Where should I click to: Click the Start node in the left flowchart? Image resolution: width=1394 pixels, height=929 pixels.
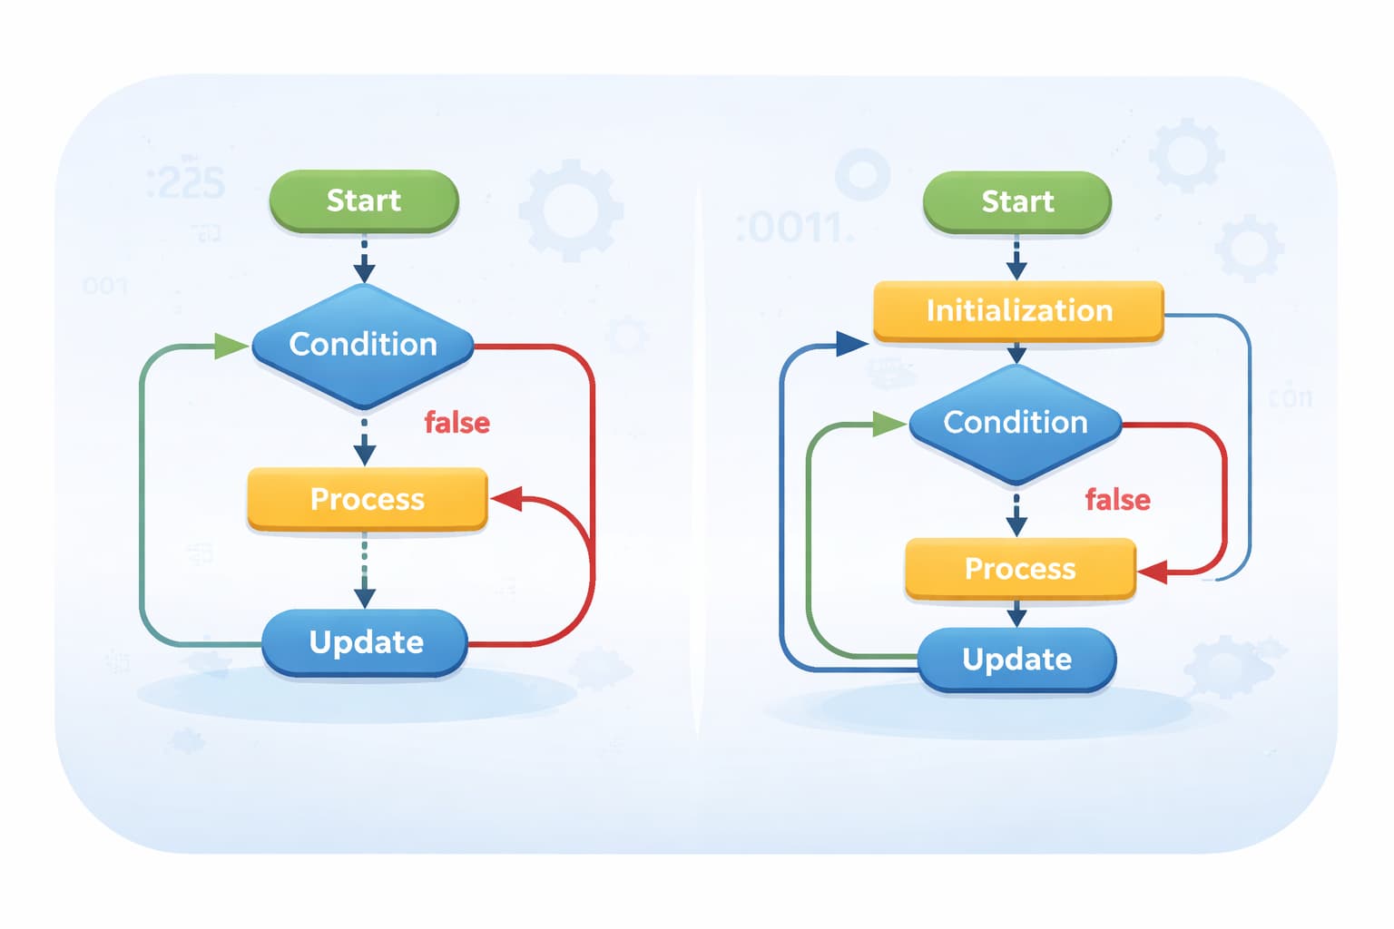click(x=364, y=200)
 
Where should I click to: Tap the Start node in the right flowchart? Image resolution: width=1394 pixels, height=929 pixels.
click(x=1016, y=201)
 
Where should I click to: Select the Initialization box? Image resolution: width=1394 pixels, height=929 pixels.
click(x=1018, y=311)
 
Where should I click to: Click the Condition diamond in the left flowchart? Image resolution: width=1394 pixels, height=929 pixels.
click(x=363, y=345)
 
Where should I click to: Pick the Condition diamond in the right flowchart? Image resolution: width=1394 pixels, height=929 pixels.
click(x=1016, y=423)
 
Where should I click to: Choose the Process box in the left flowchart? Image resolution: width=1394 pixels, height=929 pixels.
click(x=368, y=499)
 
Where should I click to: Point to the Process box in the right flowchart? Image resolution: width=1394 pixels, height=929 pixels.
click(x=1020, y=569)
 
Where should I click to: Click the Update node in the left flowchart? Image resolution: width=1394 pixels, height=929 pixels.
click(x=365, y=642)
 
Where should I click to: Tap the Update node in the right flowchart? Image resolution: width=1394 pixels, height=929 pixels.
click(x=1016, y=660)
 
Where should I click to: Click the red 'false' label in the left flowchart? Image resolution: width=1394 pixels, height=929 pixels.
click(x=456, y=423)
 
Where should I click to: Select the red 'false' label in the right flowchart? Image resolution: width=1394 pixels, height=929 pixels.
click(x=1117, y=500)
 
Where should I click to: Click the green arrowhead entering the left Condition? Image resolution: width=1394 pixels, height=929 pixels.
click(x=231, y=346)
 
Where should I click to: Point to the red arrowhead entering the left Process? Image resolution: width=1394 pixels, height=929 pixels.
click(x=506, y=498)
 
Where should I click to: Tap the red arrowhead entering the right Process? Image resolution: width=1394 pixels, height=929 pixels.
click(x=1153, y=572)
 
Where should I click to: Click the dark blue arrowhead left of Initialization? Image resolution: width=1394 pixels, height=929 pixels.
click(x=850, y=344)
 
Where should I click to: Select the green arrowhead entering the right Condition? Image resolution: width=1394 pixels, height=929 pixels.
click(x=888, y=424)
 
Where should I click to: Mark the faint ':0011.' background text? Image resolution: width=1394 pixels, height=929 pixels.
click(x=794, y=227)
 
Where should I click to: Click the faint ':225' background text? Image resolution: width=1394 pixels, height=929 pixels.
click(x=186, y=184)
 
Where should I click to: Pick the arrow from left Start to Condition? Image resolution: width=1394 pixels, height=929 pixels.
click(x=364, y=259)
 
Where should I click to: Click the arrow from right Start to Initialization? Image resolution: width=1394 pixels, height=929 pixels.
click(x=1016, y=258)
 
